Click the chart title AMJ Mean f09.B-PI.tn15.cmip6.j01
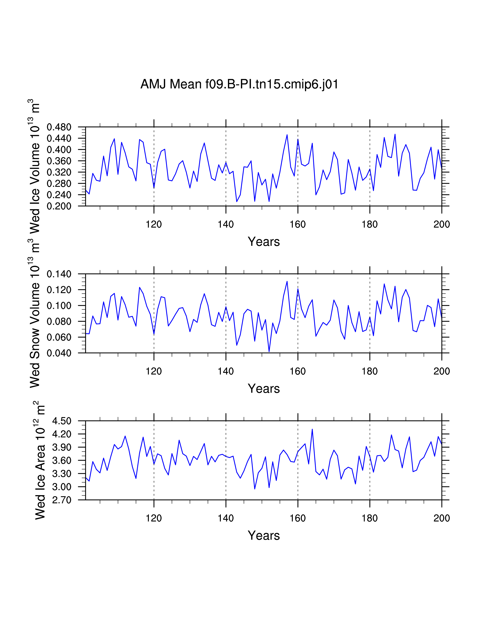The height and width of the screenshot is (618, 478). point(239,84)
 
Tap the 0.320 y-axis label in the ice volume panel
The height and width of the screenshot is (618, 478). point(59,172)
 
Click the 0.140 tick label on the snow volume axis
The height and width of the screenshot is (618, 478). point(59,274)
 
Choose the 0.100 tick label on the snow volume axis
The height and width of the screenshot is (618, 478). point(59,306)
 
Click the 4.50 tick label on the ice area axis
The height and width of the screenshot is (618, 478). point(62,421)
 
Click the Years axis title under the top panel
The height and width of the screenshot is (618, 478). point(264,242)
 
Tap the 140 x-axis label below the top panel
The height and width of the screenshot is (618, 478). point(226,224)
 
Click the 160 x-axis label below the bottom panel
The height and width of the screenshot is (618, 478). point(298,518)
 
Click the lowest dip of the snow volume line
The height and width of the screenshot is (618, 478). point(269,352)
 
